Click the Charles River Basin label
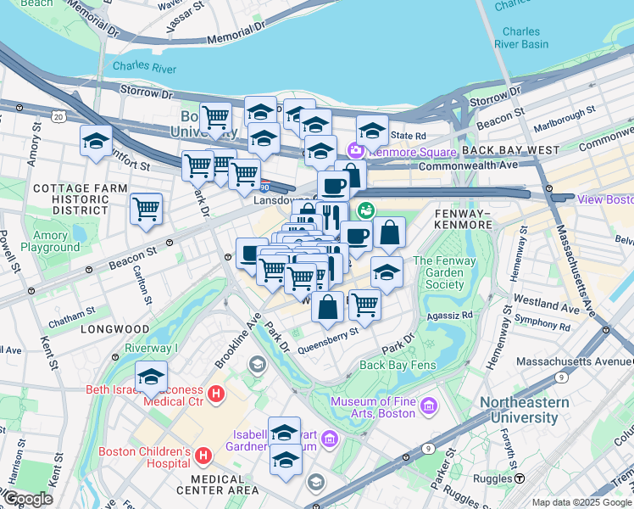coord(521,38)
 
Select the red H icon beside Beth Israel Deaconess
coord(216,394)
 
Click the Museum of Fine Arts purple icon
coord(426,407)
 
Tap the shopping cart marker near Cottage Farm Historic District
coord(147,209)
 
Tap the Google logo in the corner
coord(27,499)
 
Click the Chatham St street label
coord(67,322)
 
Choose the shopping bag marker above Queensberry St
coord(327,307)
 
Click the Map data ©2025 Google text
coord(581,502)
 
